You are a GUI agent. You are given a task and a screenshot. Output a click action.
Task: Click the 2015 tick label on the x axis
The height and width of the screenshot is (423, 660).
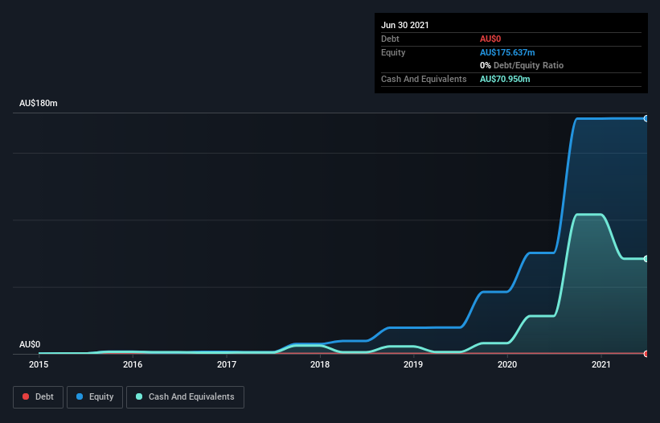click(39, 364)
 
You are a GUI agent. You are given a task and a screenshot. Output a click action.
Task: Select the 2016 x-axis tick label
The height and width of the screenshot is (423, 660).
click(133, 364)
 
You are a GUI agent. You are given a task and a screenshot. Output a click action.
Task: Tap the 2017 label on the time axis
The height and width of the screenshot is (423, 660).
click(227, 364)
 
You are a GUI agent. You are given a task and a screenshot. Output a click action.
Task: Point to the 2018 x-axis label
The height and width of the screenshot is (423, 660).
click(320, 364)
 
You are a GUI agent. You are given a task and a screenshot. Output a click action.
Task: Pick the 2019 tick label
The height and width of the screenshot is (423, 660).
click(413, 364)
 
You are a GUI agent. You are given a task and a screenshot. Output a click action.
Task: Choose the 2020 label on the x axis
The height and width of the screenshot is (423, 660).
click(507, 364)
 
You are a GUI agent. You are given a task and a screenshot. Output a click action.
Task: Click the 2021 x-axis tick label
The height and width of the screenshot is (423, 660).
click(601, 364)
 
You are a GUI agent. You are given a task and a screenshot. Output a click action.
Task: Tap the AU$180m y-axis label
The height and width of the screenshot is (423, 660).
click(39, 104)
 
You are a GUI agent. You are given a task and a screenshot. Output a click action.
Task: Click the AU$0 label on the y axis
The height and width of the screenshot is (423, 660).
click(30, 344)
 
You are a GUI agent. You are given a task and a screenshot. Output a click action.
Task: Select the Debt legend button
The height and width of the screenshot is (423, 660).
click(38, 396)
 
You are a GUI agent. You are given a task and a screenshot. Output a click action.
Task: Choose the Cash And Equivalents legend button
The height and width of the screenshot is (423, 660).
click(185, 396)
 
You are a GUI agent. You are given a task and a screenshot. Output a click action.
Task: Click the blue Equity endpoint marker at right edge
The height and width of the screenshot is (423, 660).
click(646, 118)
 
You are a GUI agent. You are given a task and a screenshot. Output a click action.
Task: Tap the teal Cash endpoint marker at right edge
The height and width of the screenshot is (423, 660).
click(646, 259)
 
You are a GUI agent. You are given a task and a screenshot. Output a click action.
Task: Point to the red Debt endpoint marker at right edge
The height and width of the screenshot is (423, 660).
click(646, 354)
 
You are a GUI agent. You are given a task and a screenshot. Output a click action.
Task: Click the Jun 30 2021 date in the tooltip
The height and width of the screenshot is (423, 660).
click(405, 25)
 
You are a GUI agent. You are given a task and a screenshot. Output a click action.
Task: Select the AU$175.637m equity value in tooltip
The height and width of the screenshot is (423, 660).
click(508, 52)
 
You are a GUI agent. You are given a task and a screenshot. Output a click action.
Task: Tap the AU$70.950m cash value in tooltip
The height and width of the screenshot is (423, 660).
click(505, 79)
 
